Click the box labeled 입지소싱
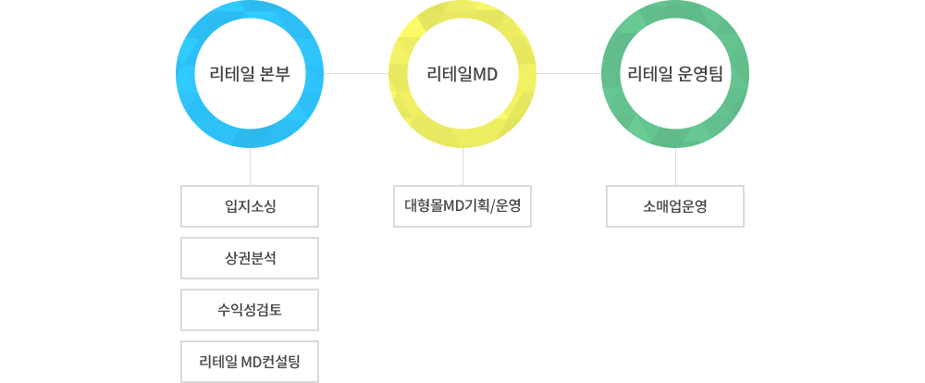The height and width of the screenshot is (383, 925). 250,206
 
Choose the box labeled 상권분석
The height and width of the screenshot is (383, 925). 250,258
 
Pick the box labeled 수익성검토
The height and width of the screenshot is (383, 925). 250,310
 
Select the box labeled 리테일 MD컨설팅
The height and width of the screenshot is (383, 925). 250,362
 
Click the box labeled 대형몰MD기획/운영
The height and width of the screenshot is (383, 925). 462,206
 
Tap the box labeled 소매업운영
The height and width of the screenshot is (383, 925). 675,206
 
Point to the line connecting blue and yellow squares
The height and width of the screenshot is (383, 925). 355,73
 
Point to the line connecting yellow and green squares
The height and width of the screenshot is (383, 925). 568,73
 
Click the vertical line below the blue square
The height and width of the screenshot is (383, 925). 250,167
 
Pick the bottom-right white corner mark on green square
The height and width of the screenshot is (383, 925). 729,127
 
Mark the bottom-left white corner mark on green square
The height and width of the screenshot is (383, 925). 623,127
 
